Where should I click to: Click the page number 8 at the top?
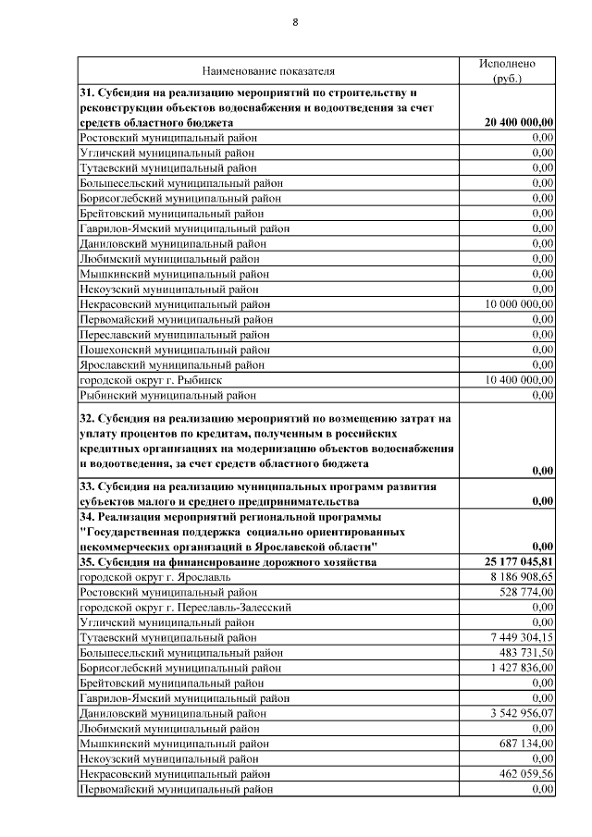(295, 22)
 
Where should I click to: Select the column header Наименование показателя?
(268, 70)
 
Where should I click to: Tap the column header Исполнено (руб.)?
(507, 70)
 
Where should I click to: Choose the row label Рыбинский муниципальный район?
(167, 395)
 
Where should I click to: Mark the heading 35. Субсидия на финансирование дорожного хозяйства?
(228, 561)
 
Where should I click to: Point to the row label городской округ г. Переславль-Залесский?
(187, 607)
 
